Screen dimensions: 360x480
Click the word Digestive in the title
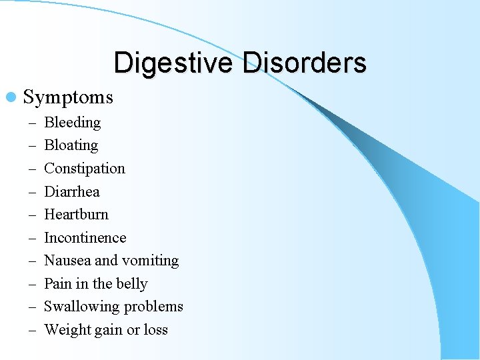click(174, 63)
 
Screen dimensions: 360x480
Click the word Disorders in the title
click(304, 63)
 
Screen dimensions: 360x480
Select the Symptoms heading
click(68, 97)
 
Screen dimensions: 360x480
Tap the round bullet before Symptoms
click(15, 97)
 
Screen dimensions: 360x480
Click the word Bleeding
click(72, 123)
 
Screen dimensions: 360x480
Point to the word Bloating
click(71, 145)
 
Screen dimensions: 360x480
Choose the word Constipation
click(84, 169)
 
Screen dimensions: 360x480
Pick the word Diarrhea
click(71, 192)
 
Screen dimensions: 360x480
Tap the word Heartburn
click(76, 215)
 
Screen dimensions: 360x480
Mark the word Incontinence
click(85, 238)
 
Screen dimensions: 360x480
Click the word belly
click(132, 284)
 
